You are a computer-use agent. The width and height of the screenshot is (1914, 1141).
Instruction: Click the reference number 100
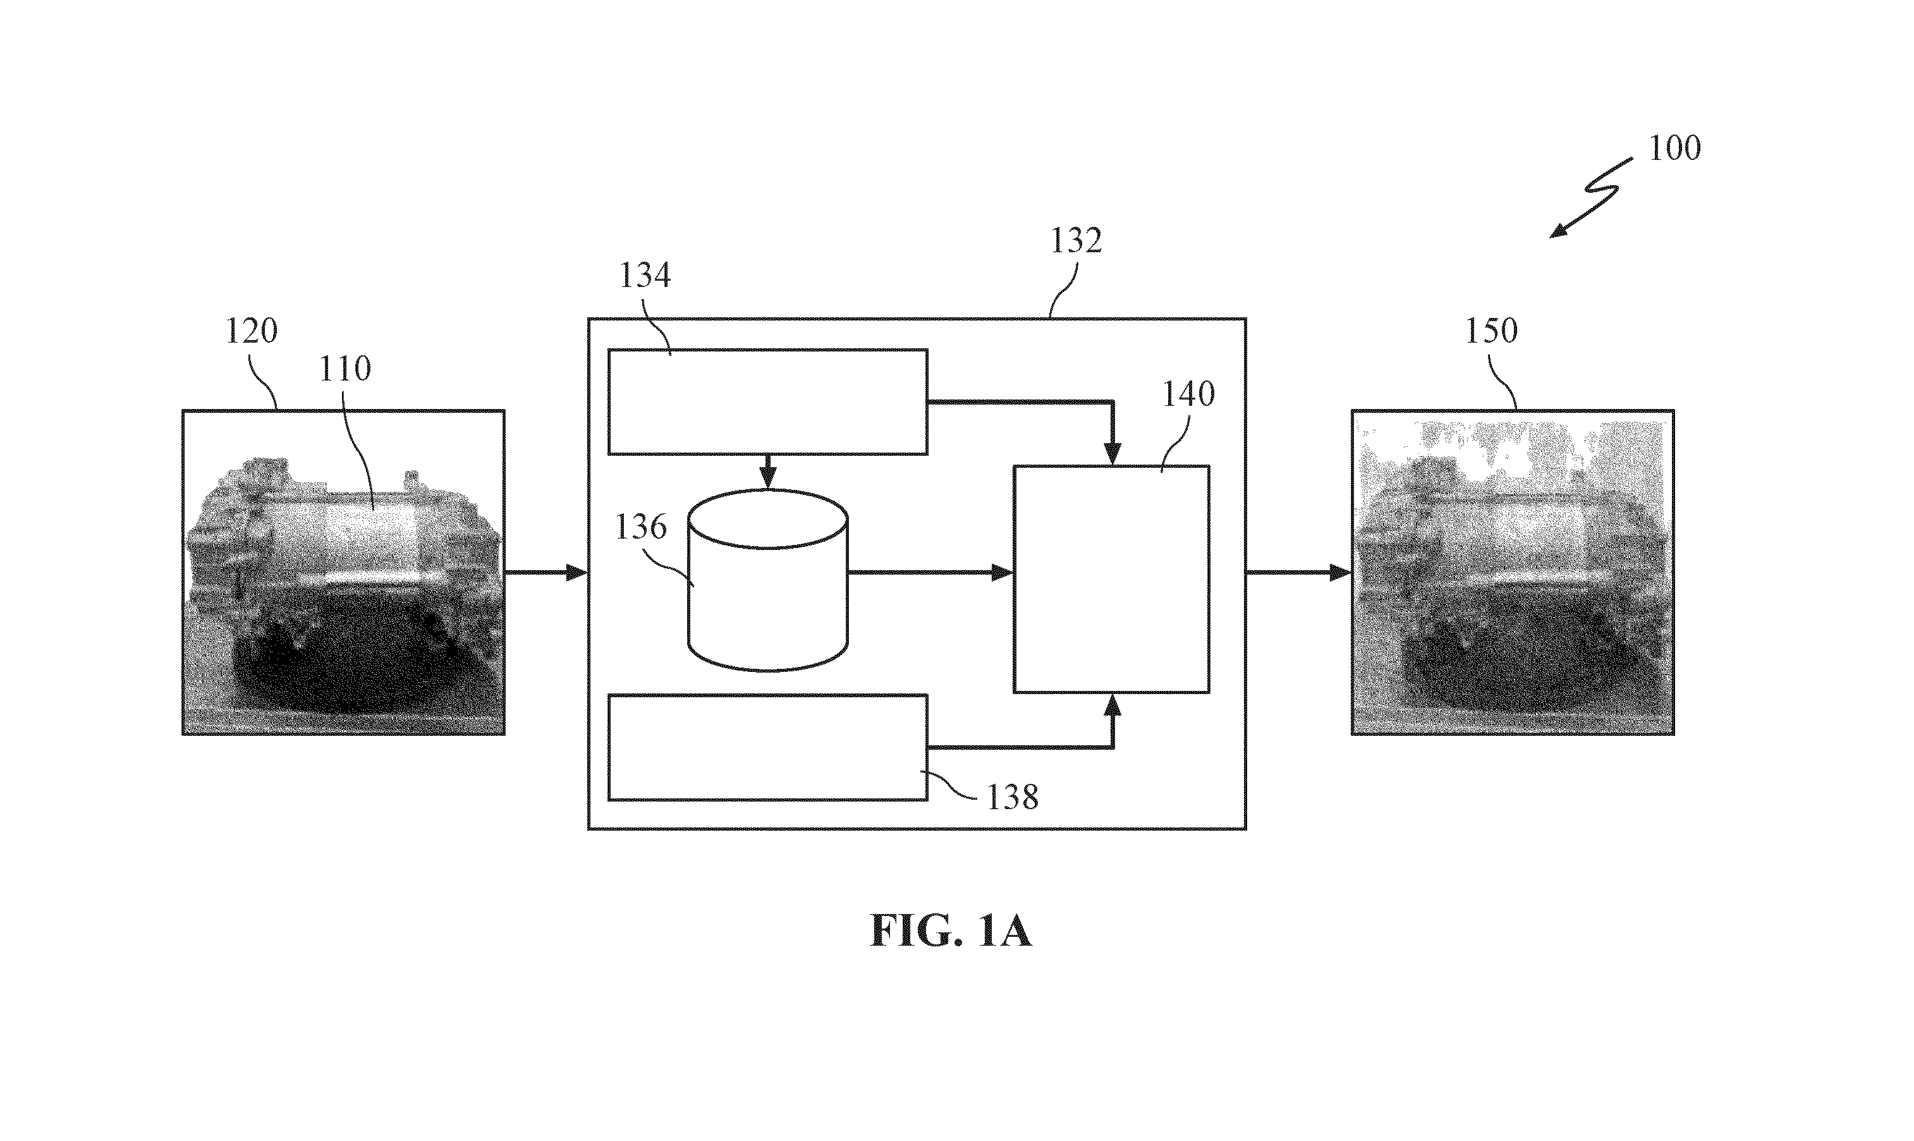point(1675,148)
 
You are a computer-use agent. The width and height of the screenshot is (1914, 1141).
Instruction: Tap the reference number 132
point(1076,241)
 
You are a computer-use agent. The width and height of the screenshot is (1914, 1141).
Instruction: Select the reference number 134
point(645,274)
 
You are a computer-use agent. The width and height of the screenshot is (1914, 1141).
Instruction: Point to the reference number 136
point(641,527)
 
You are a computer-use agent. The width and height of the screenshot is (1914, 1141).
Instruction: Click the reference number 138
point(1013,797)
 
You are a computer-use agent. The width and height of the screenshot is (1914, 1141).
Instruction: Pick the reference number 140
point(1188,394)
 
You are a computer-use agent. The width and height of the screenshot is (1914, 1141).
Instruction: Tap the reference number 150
point(1491,331)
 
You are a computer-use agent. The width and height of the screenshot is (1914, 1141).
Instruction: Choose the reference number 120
point(252,331)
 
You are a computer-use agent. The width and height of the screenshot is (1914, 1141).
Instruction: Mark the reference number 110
point(345,369)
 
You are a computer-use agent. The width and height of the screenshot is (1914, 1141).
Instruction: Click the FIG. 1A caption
point(951,931)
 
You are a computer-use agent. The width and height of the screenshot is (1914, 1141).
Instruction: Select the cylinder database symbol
point(768,580)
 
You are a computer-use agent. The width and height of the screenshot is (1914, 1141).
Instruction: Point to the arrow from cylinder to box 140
point(930,572)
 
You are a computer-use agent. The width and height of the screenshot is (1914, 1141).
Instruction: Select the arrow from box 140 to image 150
point(1299,572)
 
